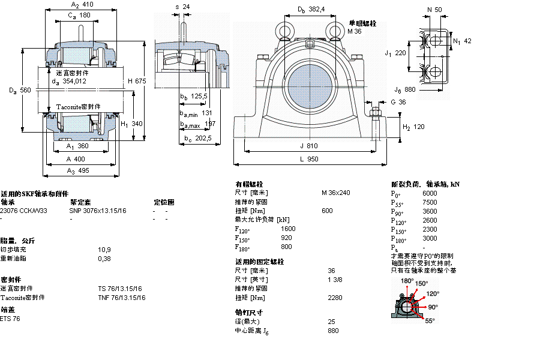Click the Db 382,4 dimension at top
point(311,10)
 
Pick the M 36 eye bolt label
point(355,31)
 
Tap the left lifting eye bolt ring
point(283,29)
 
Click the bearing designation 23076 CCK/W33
point(23,211)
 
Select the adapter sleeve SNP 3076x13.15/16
point(98,211)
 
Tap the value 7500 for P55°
point(430,202)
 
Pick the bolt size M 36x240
point(335,193)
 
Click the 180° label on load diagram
point(407,281)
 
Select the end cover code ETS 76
point(11,319)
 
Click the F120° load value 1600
point(288,229)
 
